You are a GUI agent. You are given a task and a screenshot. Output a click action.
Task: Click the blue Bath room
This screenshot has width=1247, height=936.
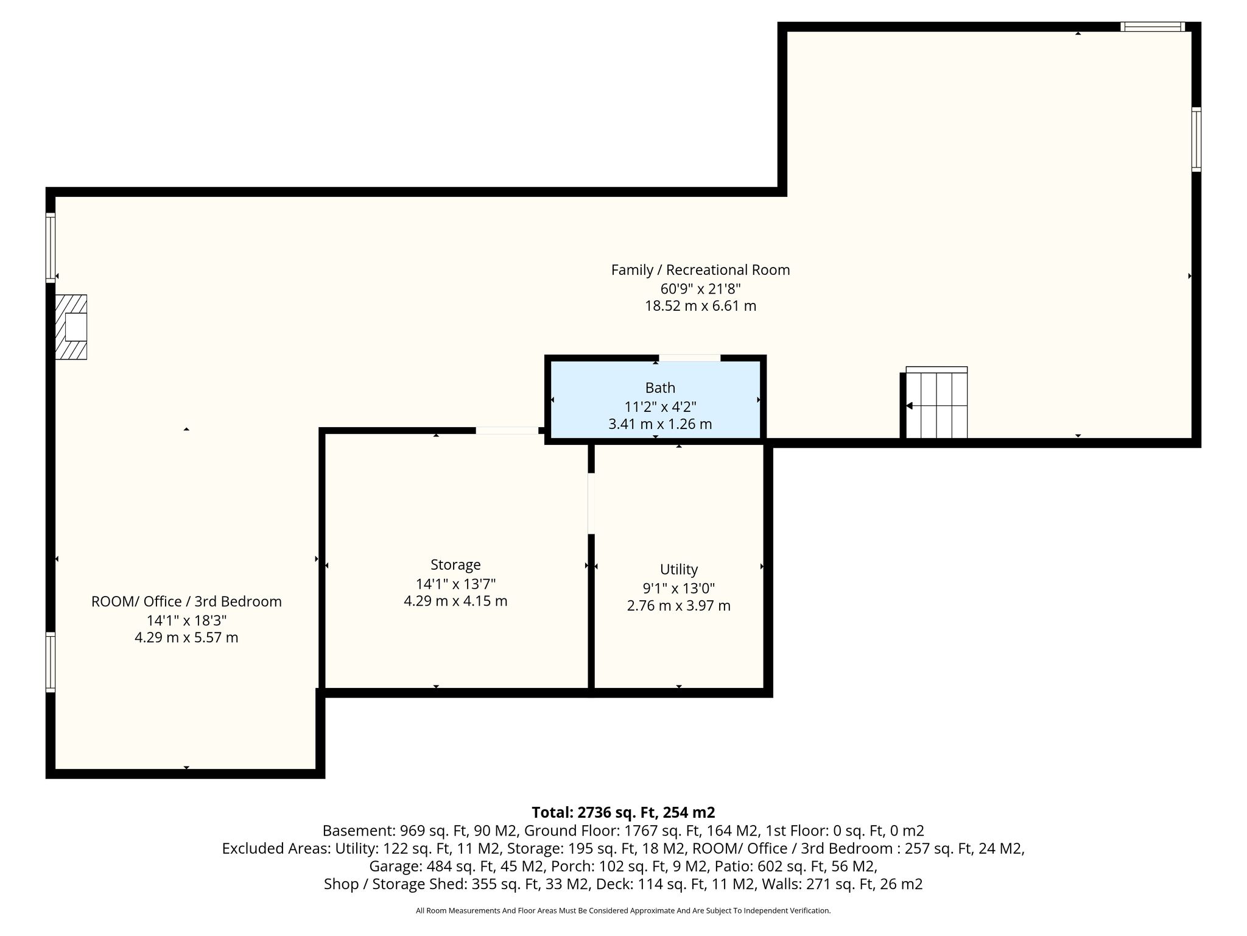pos(656,399)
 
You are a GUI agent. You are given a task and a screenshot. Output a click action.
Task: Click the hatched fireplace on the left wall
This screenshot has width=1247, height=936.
pos(71,327)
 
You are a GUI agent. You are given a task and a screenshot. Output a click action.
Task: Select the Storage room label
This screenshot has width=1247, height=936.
pos(455,564)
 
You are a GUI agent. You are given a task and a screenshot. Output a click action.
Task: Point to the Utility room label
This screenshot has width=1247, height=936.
pos(679,569)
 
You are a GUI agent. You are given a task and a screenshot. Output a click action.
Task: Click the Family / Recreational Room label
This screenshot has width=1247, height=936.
pos(701,269)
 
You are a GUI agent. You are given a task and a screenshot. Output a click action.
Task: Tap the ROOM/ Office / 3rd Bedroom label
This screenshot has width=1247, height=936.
pos(186,601)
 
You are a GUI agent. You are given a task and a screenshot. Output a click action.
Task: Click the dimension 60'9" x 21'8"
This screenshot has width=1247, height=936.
pos(701,288)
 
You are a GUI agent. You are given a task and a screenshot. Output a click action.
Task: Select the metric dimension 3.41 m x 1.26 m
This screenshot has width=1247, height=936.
pos(660,424)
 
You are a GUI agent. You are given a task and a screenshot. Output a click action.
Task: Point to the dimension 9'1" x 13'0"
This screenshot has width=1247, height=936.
pos(679,588)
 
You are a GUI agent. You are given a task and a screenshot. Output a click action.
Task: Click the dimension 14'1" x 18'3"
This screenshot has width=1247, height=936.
pos(186,620)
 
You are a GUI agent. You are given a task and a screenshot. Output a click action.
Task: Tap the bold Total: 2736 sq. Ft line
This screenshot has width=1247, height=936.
pos(623,812)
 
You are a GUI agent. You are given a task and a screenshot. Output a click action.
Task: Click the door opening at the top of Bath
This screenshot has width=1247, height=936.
pos(690,358)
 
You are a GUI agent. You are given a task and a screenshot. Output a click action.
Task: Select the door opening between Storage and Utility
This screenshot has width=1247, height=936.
pos(591,503)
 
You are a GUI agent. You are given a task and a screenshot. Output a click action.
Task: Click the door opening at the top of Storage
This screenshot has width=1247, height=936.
pos(507,430)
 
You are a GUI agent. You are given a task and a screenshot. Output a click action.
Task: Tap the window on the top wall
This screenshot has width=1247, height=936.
pos(1153,26)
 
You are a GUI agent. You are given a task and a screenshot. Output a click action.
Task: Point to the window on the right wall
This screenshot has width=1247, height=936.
pos(1196,140)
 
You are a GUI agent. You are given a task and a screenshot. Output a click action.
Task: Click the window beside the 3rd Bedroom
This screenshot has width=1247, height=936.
pos(51,662)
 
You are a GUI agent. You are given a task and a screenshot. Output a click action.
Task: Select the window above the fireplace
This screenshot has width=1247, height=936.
pos(51,247)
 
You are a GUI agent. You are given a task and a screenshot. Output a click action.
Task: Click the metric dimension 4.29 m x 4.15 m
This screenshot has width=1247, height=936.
pos(455,601)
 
